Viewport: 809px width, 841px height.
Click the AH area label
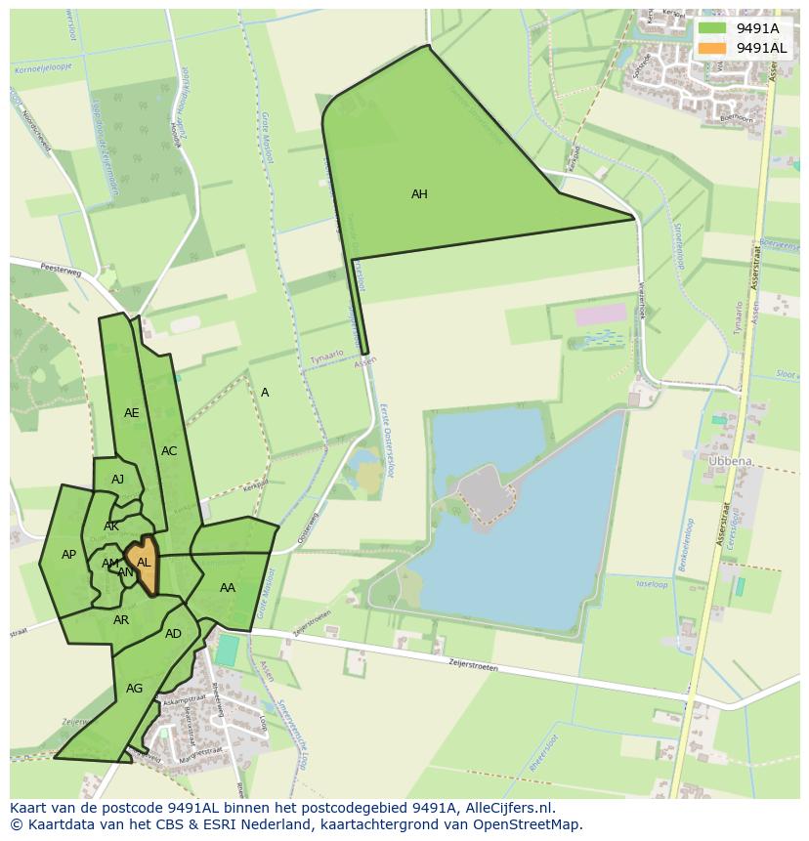tap(419, 194)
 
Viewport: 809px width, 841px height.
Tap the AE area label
tap(132, 413)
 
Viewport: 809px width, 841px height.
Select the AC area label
tap(169, 451)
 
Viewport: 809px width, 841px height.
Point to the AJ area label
tap(118, 480)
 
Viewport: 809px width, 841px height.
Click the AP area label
tap(68, 555)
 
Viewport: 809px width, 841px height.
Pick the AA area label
tap(228, 588)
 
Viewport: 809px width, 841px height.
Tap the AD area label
tap(173, 634)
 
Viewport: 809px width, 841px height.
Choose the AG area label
tap(135, 689)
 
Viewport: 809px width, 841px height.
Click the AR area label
tap(121, 620)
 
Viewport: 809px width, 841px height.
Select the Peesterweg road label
tap(59, 267)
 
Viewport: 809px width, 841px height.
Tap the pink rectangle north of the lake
tap(600, 315)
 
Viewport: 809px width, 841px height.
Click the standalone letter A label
tap(265, 393)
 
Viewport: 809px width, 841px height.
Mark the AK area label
tap(111, 526)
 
